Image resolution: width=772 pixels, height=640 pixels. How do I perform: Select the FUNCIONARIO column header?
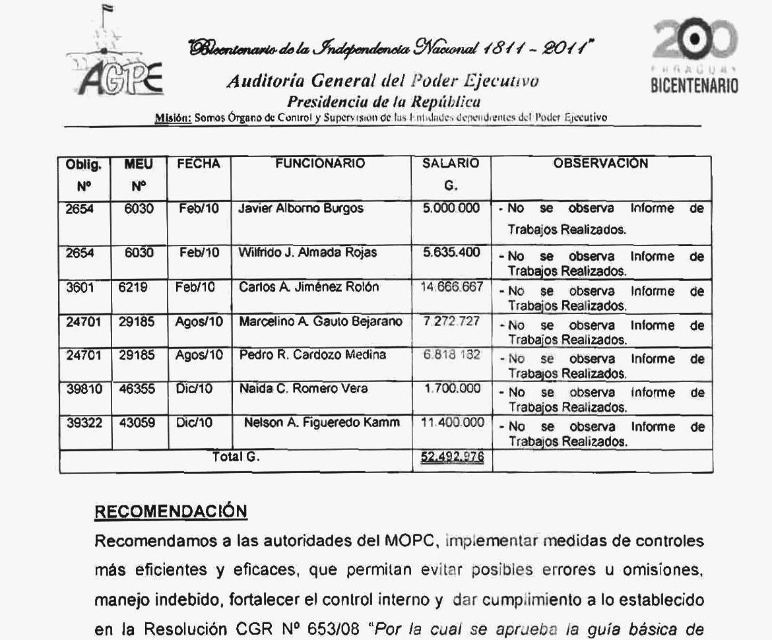pyautogui.click(x=319, y=164)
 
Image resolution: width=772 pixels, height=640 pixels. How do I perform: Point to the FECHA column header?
pyautogui.click(x=198, y=164)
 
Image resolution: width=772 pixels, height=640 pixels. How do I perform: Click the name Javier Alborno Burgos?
pyautogui.click(x=301, y=209)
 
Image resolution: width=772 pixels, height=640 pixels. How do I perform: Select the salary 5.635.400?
pyautogui.click(x=451, y=252)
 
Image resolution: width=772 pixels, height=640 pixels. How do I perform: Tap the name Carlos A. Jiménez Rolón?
pyautogui.click(x=309, y=287)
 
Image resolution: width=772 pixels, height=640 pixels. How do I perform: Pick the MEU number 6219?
pyautogui.click(x=133, y=287)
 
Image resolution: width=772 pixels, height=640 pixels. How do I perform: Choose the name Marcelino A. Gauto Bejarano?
pyautogui.click(x=321, y=322)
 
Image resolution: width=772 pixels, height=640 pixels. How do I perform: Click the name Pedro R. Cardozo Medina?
pyautogui.click(x=313, y=355)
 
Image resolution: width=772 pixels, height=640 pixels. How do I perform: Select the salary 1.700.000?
pyautogui.click(x=452, y=389)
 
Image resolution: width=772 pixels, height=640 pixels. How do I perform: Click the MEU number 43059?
pyautogui.click(x=137, y=423)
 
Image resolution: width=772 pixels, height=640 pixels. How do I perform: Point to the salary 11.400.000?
pyautogui.click(x=452, y=423)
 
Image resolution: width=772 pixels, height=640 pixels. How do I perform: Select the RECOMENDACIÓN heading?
pyautogui.click(x=171, y=511)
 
